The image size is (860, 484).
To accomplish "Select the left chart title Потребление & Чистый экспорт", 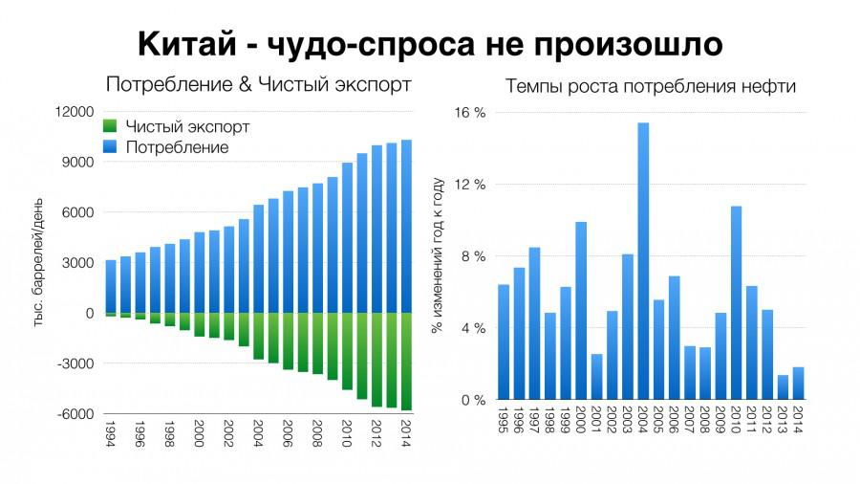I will [258, 84].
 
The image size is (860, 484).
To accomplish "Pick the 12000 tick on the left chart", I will [74, 112].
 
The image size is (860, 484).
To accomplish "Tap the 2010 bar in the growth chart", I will [736, 303].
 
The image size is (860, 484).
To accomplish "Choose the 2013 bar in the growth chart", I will [783, 387].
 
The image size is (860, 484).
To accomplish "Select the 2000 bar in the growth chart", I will [581, 311].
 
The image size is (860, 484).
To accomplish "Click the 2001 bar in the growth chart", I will [596, 377].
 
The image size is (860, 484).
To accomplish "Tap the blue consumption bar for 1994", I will [111, 286].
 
